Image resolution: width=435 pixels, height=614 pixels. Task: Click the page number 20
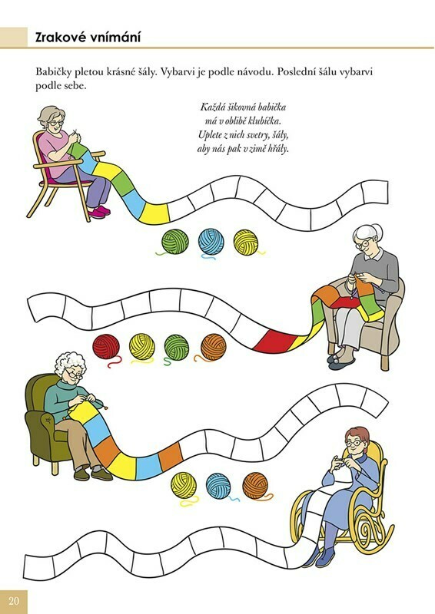(14, 601)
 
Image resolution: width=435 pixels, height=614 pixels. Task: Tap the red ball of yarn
(106, 347)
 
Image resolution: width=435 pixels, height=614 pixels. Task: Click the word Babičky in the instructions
(51, 72)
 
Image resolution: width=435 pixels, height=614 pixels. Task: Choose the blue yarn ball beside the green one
(211, 242)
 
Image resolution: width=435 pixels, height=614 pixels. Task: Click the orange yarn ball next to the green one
(214, 347)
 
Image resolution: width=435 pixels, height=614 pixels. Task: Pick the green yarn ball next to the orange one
(177, 347)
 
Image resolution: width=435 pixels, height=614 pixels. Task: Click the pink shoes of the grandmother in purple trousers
(99, 212)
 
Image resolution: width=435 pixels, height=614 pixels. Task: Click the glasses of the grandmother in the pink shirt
(55, 124)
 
